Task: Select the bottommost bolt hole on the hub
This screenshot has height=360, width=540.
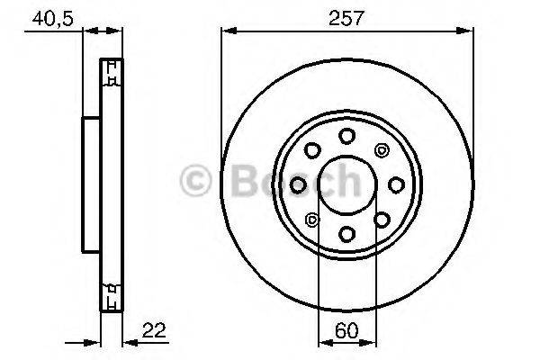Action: tap(347, 234)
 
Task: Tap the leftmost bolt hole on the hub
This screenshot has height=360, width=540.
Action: tap(299, 184)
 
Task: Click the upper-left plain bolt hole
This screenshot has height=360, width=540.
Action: tap(313, 150)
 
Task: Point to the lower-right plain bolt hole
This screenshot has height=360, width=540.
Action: tap(382, 220)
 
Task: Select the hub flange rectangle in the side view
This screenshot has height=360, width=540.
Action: tap(91, 184)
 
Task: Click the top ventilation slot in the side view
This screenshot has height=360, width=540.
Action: tap(112, 73)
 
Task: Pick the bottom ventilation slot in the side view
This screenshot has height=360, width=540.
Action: tap(112, 296)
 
